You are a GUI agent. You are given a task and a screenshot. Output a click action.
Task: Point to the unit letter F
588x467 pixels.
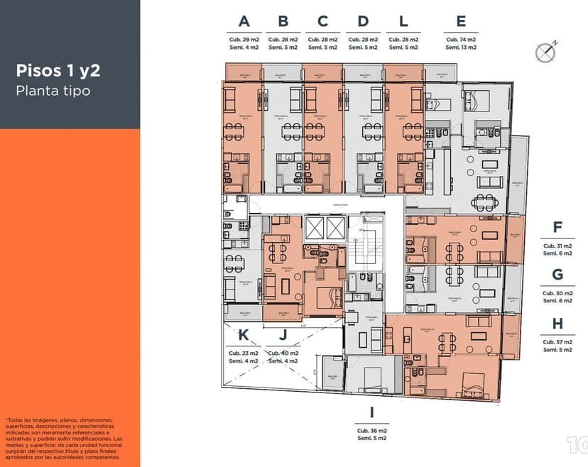(x=557, y=228)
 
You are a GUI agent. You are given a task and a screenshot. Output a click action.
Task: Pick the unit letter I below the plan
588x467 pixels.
(x=372, y=413)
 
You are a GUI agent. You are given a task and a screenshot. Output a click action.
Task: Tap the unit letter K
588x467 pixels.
(x=243, y=335)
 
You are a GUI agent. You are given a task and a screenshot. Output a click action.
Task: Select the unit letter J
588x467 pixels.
(x=283, y=335)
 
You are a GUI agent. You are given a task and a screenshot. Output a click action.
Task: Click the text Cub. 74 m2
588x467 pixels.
(x=461, y=40)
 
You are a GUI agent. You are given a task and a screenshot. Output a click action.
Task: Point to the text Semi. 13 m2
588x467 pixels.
(x=461, y=48)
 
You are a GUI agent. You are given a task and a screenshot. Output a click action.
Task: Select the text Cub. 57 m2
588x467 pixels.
(x=557, y=341)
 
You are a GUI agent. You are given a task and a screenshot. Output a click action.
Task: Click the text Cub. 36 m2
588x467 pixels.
(x=372, y=431)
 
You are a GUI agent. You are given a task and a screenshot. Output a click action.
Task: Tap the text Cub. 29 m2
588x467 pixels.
(x=244, y=40)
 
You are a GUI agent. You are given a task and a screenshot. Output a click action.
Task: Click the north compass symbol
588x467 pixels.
(x=545, y=51)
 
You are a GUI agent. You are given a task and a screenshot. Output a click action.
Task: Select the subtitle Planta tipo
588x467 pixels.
(x=53, y=91)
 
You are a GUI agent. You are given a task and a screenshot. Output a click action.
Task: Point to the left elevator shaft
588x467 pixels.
(x=314, y=228)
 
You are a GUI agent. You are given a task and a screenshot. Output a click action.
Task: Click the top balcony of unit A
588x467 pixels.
(x=242, y=72)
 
